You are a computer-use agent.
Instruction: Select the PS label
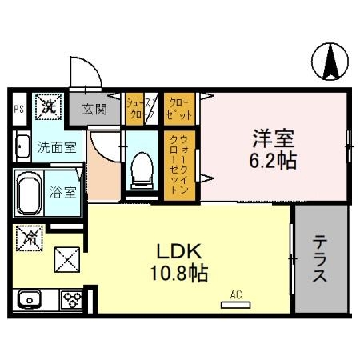19,109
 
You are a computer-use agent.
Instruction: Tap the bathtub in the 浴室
30,194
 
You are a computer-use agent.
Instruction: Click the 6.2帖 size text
272,160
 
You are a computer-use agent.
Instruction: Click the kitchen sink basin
31,301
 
